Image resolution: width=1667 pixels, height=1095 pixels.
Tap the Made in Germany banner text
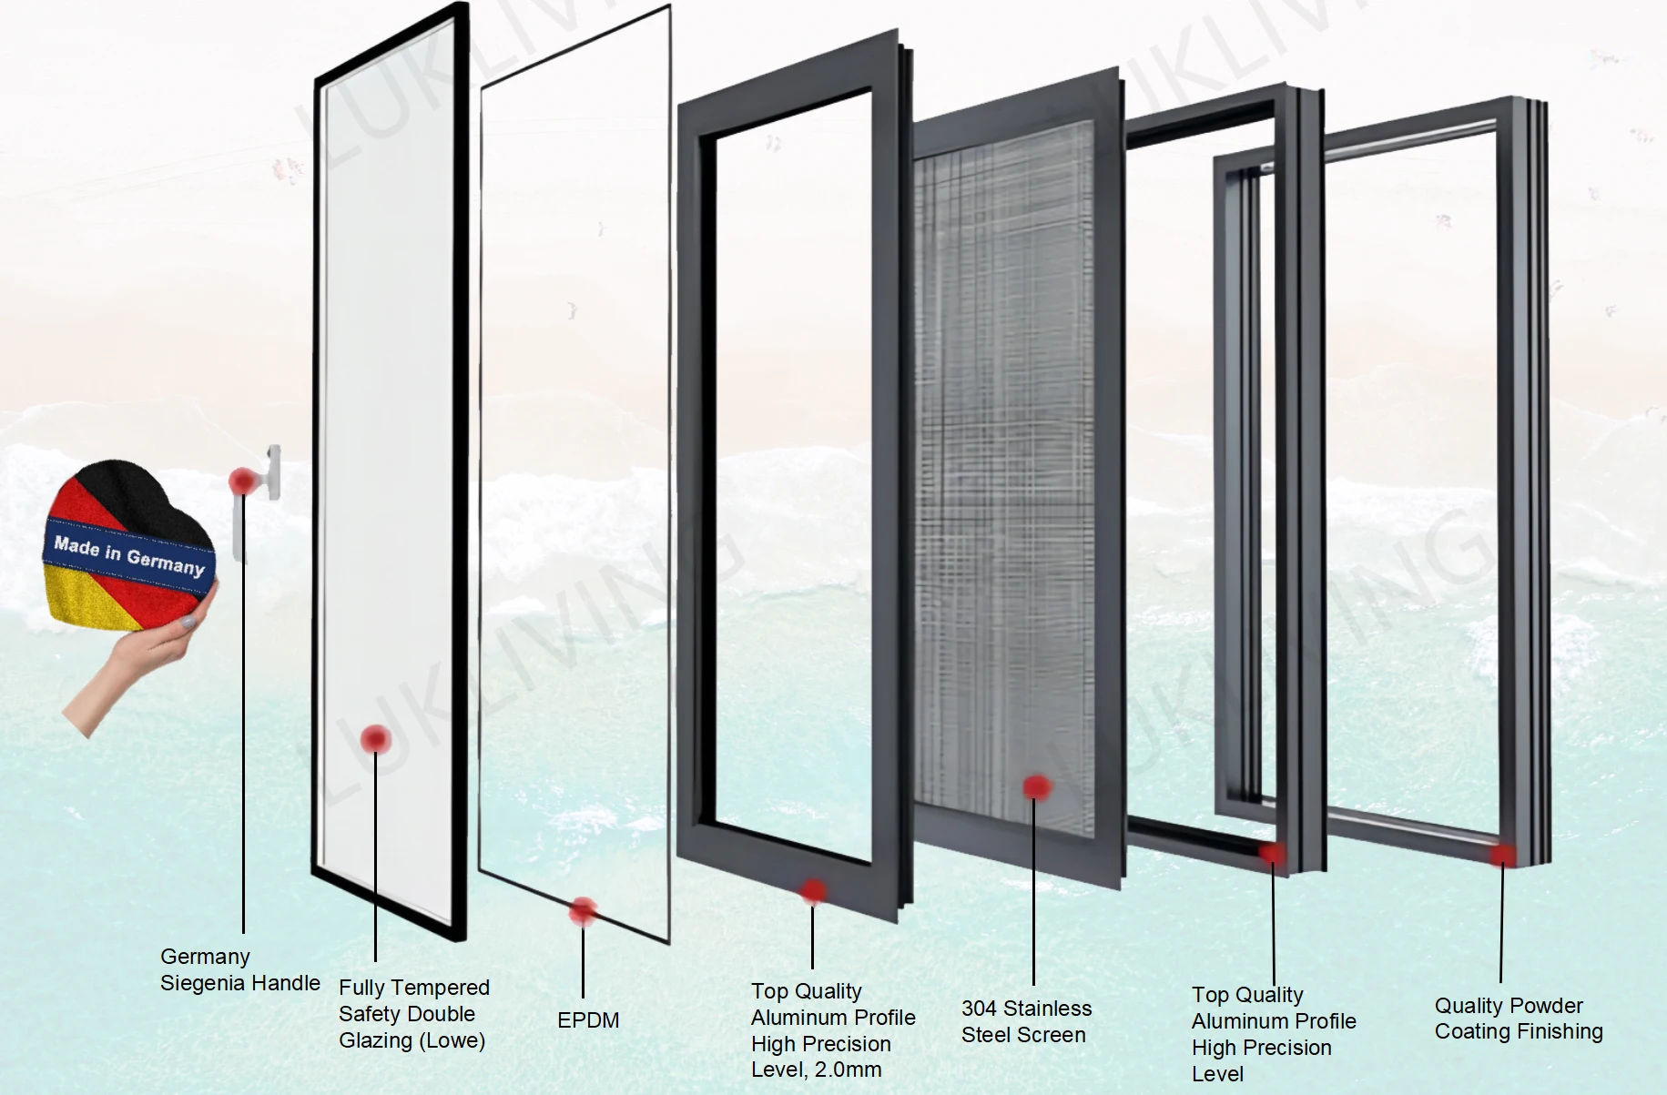(128, 555)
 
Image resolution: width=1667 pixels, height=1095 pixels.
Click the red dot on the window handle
(243, 481)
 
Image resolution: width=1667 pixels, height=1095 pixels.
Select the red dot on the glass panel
(375, 739)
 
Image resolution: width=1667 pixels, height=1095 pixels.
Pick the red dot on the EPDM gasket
(583, 909)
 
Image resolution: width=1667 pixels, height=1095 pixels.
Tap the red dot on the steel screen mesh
(1036, 787)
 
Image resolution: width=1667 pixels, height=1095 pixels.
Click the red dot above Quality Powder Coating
(1502, 856)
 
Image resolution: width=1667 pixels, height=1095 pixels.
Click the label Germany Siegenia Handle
(239, 969)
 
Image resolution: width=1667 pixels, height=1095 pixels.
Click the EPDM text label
(588, 1020)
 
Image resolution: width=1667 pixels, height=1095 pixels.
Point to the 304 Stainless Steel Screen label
(1025, 1021)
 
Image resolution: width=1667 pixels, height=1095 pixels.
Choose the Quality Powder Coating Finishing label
(1518, 1019)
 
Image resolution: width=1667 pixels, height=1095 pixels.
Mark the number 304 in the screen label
(980, 1009)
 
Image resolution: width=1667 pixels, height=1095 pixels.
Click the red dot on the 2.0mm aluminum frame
(813, 891)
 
